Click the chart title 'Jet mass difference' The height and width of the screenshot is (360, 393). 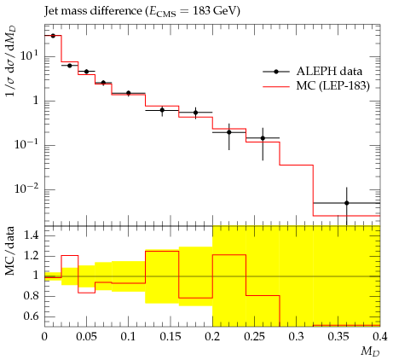93,11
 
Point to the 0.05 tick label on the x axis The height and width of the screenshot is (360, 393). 86,337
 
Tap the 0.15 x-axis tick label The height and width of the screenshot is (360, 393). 170,337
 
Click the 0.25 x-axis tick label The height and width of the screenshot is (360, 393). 254,337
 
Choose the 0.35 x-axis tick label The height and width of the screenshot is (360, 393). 338,337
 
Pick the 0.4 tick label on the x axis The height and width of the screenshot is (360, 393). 380,337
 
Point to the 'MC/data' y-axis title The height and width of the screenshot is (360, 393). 10,251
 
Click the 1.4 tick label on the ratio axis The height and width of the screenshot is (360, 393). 32,235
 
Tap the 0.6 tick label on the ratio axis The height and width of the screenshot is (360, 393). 32,316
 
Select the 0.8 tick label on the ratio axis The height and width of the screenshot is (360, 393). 32,296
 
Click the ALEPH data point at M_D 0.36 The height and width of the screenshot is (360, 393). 347,203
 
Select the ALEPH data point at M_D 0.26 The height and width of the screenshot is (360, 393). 263,138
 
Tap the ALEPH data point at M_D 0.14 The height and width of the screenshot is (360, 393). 162,110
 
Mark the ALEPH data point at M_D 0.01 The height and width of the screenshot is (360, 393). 53,36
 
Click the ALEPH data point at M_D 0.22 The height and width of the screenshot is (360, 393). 229,132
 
